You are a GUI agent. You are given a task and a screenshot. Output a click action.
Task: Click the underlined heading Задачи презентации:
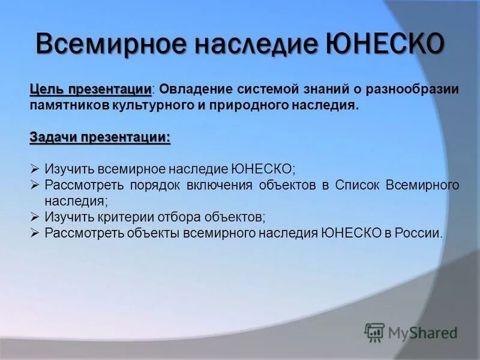100,137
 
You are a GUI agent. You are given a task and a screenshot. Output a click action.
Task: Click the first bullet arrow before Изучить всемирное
35,169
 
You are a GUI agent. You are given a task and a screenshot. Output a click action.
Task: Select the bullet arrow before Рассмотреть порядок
35,185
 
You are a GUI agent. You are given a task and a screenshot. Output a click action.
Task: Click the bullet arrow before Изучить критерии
35,217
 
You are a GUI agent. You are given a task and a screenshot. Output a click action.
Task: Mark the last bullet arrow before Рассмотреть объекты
35,233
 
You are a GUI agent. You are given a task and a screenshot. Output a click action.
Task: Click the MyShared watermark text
423,332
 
